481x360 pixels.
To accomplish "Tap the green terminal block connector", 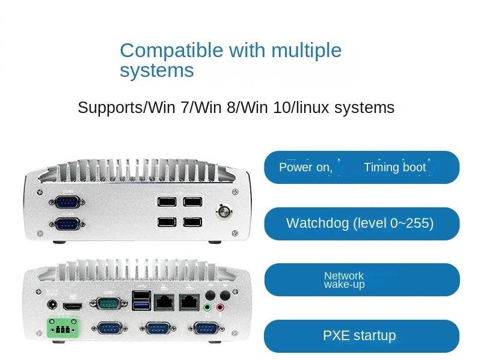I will (x=60, y=328).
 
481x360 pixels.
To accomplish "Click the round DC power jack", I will (x=52, y=305).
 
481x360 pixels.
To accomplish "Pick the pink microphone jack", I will (x=221, y=308).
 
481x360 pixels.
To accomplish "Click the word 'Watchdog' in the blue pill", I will (x=316, y=224).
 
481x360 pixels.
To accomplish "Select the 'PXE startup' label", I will (x=360, y=335).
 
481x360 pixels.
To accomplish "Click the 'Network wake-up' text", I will (x=344, y=280).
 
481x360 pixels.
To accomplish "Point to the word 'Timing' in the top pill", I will (x=382, y=167).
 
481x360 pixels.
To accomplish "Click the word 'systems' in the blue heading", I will (x=156, y=70).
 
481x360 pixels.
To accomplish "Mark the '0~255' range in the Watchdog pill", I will (x=409, y=224).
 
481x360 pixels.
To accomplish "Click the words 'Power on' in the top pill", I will (x=304, y=167).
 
